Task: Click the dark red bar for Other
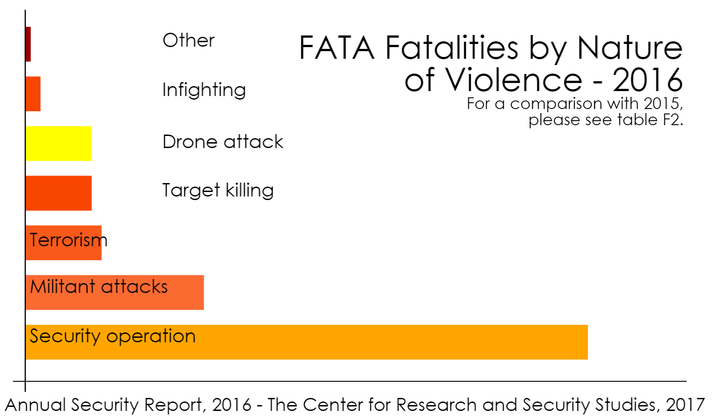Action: tap(28, 44)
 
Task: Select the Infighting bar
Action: tap(33, 94)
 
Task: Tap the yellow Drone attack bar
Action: tap(59, 144)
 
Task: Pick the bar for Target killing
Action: tap(59, 193)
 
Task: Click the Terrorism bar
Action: tap(64, 243)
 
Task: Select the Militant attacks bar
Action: tap(115, 292)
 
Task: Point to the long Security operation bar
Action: tap(306, 342)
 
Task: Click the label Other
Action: tap(189, 40)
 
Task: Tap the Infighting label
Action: tap(204, 90)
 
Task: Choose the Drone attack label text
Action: tap(223, 141)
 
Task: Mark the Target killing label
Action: tap(218, 191)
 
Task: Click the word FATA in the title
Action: tap(336, 48)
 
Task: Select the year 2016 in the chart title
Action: tap(647, 80)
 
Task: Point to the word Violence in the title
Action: tap(513, 79)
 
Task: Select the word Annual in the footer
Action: tap(35, 405)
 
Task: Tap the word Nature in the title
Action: tap(630, 48)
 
